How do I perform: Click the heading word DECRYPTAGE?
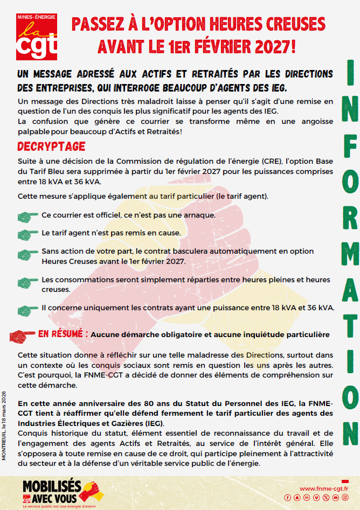point(51,146)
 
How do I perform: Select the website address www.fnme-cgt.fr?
point(322,488)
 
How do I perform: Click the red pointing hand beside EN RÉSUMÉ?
point(23,336)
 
